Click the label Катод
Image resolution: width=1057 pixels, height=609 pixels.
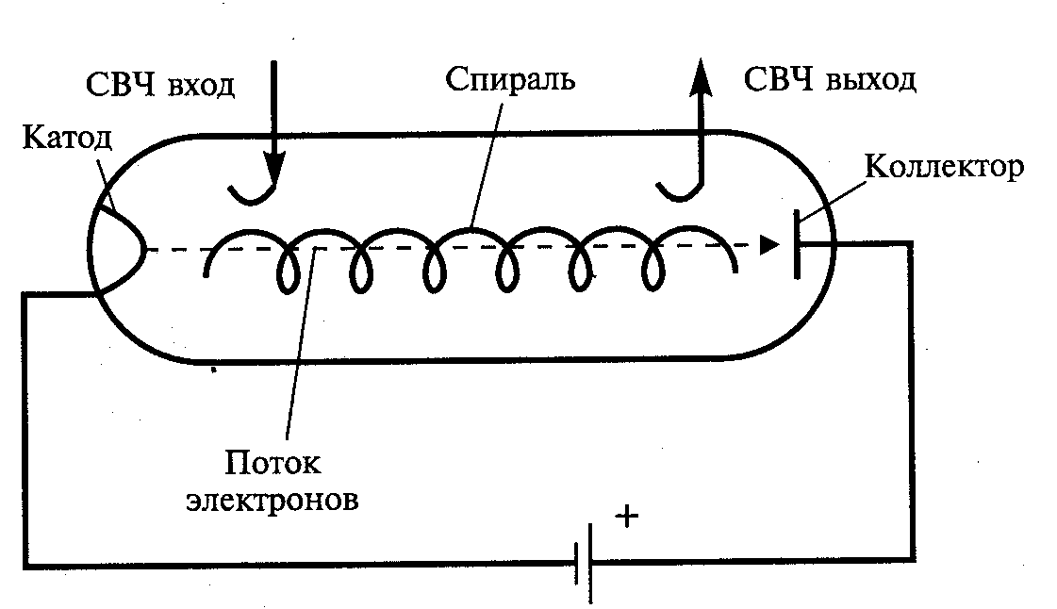click(66, 140)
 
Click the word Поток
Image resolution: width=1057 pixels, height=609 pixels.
click(273, 463)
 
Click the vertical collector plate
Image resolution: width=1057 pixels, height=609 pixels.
click(798, 245)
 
